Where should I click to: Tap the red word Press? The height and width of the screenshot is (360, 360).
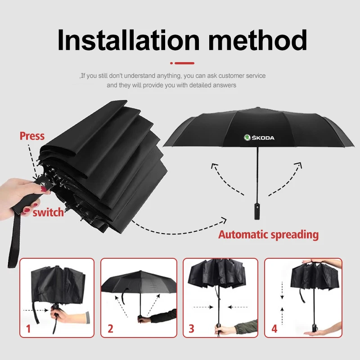coord(32,136)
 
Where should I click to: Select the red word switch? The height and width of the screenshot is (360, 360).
coord(48,212)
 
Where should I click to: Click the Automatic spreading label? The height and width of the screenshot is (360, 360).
coord(268,234)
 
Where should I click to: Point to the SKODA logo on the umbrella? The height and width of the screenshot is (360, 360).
coord(259,138)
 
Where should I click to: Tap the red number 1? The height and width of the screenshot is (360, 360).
coord(28,329)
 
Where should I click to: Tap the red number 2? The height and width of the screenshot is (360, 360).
coord(110,329)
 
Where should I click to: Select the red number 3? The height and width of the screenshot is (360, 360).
coord(191,329)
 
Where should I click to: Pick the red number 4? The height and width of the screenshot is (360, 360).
coord(274,329)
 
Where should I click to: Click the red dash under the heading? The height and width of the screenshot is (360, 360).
coord(183,63)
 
